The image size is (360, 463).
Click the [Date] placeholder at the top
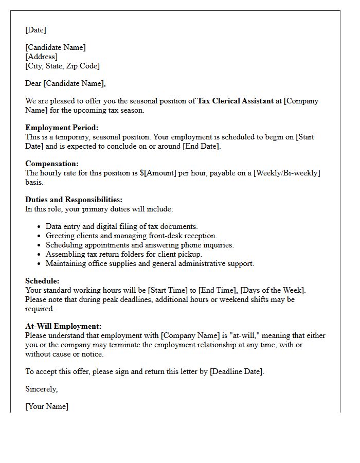pyautogui.click(x=35, y=30)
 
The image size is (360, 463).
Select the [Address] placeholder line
pyautogui.click(x=41, y=57)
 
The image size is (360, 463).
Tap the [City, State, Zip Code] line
pyautogui.click(x=62, y=66)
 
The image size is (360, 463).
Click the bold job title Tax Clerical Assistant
pyautogui.click(x=236, y=101)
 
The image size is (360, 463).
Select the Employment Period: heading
pyautogui.click(x=62, y=128)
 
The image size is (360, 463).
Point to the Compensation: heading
pyautogui.click(x=52, y=164)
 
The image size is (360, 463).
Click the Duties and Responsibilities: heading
pyautogui.click(x=74, y=200)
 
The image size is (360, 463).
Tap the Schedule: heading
pyautogui.click(x=42, y=281)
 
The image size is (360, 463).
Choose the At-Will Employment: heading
pyautogui.click(x=63, y=326)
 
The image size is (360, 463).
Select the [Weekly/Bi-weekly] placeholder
pyautogui.click(x=287, y=173)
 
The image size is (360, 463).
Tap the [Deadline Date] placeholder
pyautogui.click(x=237, y=371)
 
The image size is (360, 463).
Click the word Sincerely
pyautogui.click(x=41, y=389)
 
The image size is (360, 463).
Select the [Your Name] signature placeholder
pyautogui.click(x=47, y=406)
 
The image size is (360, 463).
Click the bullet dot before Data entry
pyautogui.click(x=40, y=227)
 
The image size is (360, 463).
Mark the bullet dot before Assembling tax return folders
pyautogui.click(x=40, y=255)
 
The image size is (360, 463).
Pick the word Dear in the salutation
pyautogui.click(x=33, y=83)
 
